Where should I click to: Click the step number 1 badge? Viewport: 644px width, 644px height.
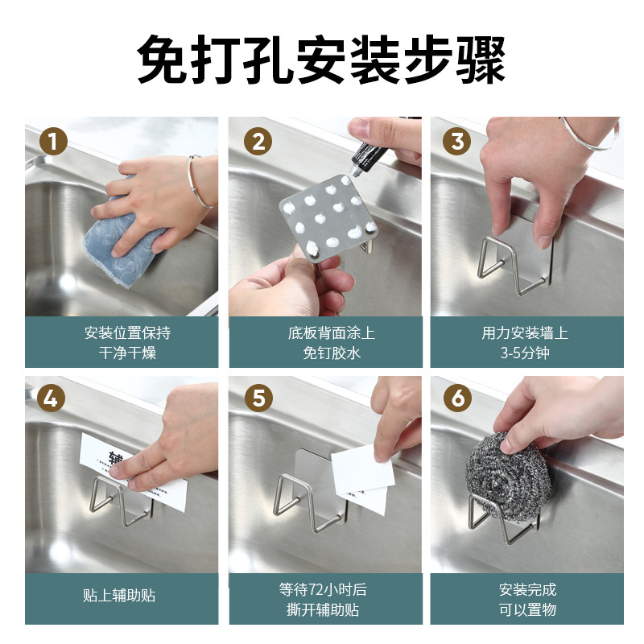coord(53,142)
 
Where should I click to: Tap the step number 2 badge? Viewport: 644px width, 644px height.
coord(258,142)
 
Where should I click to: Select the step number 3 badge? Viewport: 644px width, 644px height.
coord(456,142)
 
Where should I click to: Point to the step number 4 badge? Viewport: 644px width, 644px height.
coord(51,398)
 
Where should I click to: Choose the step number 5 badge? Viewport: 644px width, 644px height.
coord(258,398)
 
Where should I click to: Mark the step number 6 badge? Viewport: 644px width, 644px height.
coord(457,398)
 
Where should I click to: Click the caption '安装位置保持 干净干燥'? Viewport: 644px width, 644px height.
coord(127,343)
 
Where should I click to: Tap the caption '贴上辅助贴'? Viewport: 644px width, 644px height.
coord(119,595)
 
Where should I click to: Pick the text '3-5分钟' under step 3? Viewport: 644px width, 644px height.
coord(525,353)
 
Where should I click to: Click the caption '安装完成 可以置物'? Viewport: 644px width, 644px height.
coord(527,599)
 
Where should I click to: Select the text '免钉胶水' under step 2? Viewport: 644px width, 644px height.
coord(332,353)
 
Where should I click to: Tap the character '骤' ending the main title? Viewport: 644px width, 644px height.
coord(481,60)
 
